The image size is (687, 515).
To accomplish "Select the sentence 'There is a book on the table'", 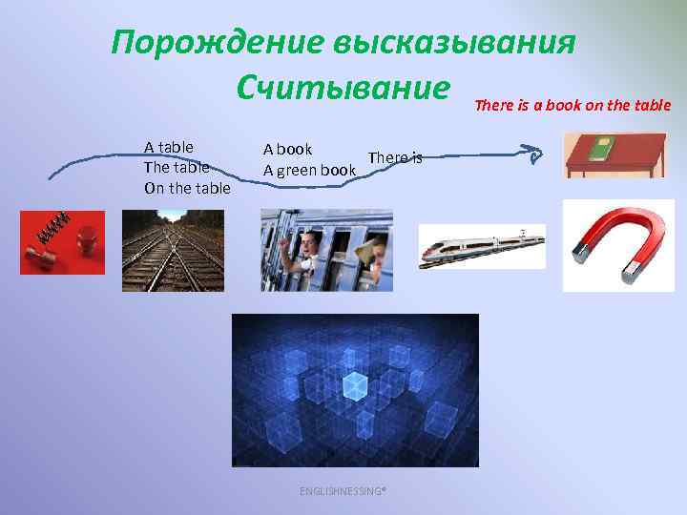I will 572,105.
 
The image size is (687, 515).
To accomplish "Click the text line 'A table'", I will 169,147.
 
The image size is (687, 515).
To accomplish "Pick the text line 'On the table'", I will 187,188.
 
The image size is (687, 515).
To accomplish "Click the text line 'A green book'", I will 309,171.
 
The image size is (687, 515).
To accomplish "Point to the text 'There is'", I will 394,157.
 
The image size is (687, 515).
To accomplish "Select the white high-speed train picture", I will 482,246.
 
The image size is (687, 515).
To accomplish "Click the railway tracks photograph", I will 173,250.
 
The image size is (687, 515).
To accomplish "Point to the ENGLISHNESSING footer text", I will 343,491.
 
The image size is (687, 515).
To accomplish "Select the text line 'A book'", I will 287,149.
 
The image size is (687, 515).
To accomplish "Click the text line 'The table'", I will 177,167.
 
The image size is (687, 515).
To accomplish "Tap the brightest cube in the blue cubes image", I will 355,384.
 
